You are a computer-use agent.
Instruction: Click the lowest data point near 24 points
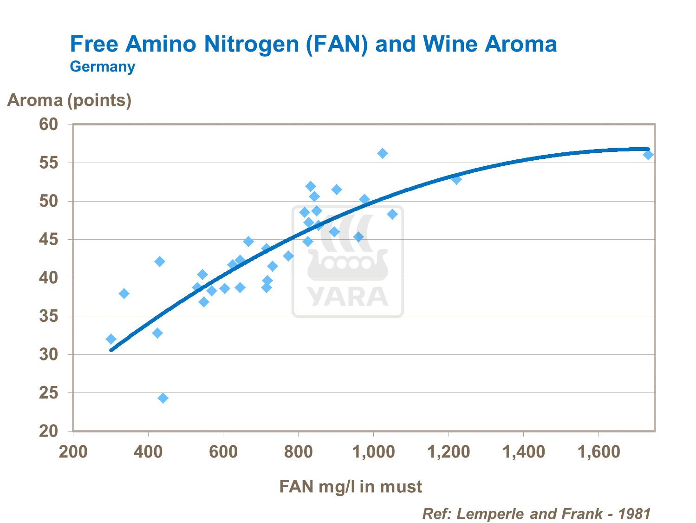pyautogui.click(x=163, y=398)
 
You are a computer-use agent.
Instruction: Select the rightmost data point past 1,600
pyautogui.click(x=648, y=155)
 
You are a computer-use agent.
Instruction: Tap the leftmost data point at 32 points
pyautogui.click(x=111, y=339)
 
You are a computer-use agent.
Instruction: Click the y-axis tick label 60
pyautogui.click(x=48, y=124)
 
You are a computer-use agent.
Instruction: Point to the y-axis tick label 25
pyautogui.click(x=48, y=393)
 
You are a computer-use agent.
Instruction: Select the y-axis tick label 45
pyautogui.click(x=48, y=240)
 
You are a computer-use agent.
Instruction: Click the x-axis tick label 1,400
pyautogui.click(x=524, y=451)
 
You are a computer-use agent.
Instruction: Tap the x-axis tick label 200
pyautogui.click(x=73, y=451)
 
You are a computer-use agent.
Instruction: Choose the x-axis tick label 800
pyautogui.click(x=298, y=451)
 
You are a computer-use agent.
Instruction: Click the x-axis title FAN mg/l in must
pyautogui.click(x=351, y=486)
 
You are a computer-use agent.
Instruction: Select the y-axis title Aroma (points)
pyautogui.click(x=69, y=100)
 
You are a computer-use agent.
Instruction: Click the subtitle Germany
pyautogui.click(x=102, y=66)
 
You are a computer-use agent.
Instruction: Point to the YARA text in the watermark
pyautogui.click(x=347, y=297)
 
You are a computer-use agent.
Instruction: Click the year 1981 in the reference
pyautogui.click(x=634, y=514)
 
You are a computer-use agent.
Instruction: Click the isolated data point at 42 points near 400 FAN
pyautogui.click(x=160, y=261)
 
